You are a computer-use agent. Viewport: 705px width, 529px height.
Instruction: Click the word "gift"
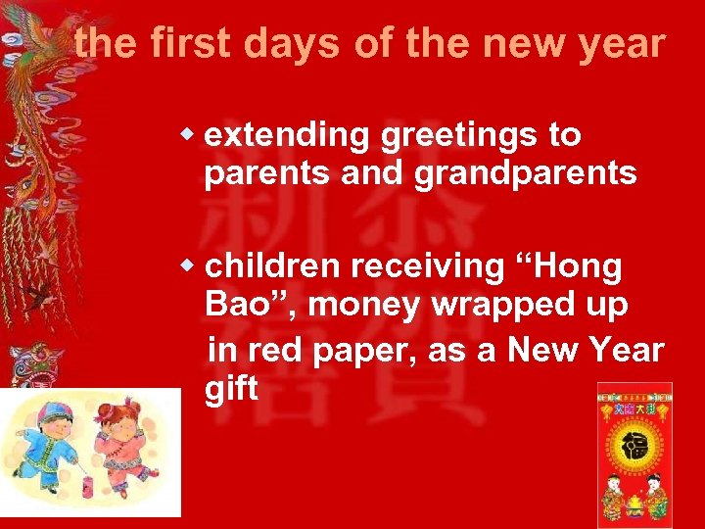point(231,389)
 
